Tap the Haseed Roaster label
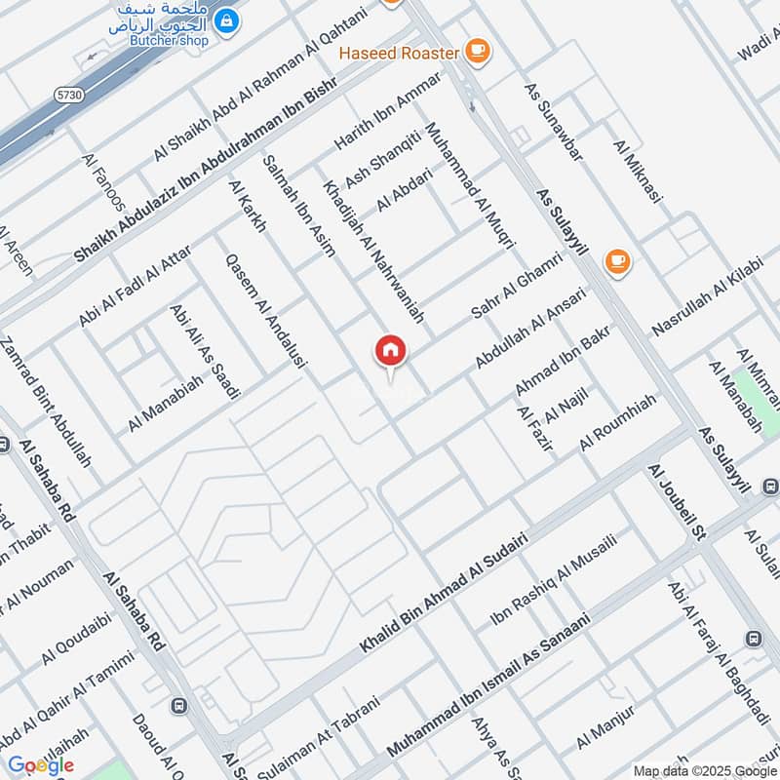click(399, 52)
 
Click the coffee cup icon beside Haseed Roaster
click(476, 50)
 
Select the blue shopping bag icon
click(226, 19)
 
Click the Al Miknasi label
click(638, 172)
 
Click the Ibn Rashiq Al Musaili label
click(553, 582)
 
